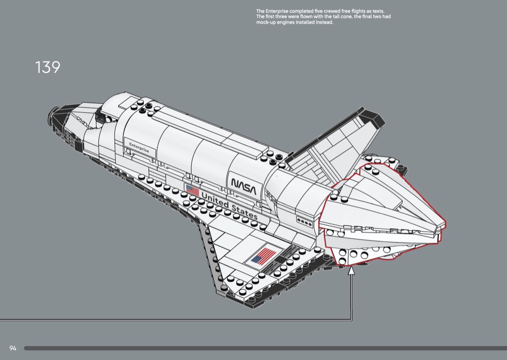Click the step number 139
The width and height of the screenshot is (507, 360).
[47, 67]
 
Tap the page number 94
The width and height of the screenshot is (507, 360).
[13, 348]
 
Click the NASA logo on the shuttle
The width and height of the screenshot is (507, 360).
[243, 186]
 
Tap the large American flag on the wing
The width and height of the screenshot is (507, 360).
[263, 255]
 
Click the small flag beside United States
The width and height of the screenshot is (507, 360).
[192, 191]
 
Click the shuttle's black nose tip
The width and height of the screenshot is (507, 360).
[53, 114]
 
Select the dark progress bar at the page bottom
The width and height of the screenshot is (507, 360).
[265, 348]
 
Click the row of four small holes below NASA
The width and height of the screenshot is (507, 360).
[304, 221]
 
